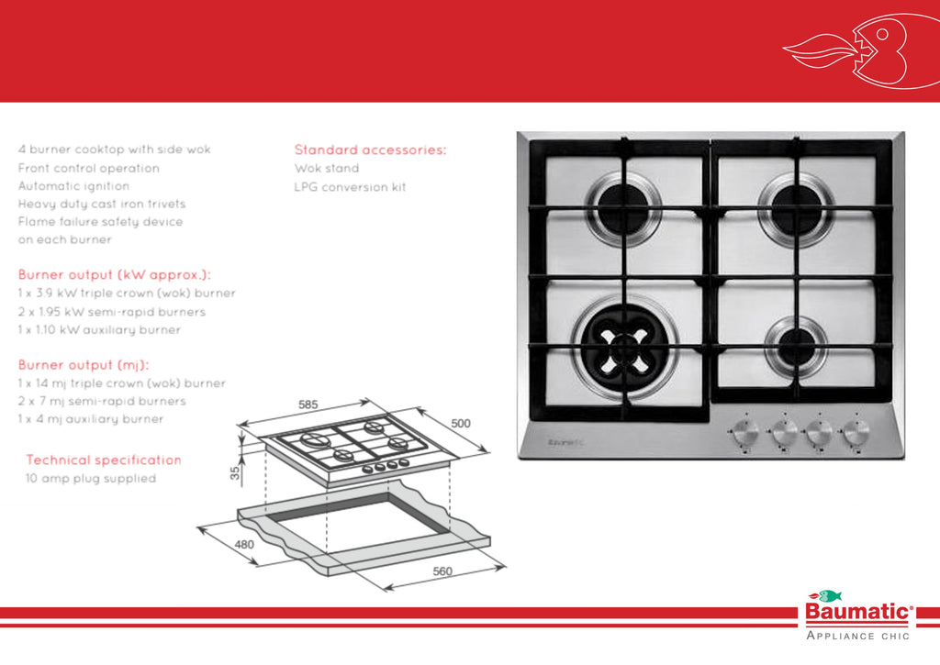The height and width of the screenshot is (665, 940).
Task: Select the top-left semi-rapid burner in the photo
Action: (623, 207)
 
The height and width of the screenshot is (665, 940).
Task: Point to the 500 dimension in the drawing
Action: (461, 424)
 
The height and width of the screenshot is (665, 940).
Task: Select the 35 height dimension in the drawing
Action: (234, 473)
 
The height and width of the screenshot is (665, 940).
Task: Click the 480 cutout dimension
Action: (243, 544)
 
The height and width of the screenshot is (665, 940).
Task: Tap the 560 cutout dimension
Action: (442, 572)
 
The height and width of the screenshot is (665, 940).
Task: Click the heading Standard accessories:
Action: (370, 150)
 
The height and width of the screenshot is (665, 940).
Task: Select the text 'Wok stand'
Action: (327, 169)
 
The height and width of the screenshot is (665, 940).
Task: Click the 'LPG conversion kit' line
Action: (350, 187)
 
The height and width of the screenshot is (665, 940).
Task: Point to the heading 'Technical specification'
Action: (104, 460)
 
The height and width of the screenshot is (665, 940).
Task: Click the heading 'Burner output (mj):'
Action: (84, 365)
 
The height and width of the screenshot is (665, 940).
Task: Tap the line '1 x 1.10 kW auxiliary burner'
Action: (99, 329)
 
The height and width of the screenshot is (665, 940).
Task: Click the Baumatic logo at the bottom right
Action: (858, 613)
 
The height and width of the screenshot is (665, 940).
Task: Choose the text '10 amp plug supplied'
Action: (91, 479)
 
